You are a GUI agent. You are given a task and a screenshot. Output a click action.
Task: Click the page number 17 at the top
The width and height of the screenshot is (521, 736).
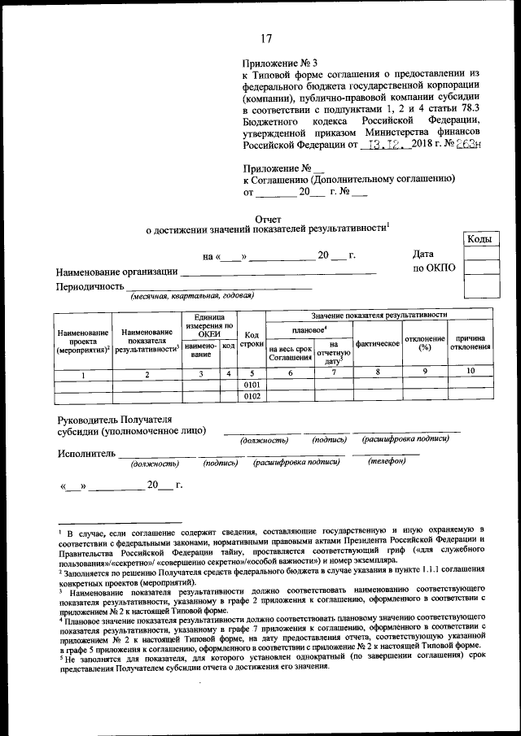[x=265, y=39]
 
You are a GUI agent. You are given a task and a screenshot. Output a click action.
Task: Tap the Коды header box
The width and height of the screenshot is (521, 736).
[x=480, y=239]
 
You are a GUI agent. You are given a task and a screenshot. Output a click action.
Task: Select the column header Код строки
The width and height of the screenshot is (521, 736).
[x=252, y=339]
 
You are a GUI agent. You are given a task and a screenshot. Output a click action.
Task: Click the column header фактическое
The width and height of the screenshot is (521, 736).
[x=377, y=344]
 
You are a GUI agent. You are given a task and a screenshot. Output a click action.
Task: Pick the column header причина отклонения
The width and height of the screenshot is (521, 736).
[x=471, y=342]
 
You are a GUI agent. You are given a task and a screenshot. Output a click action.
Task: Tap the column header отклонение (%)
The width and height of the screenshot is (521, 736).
[x=424, y=342]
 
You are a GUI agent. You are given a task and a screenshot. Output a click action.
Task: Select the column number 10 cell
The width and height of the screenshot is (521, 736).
[x=471, y=372]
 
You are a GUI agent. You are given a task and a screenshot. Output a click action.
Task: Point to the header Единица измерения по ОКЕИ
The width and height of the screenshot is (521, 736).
[x=209, y=326]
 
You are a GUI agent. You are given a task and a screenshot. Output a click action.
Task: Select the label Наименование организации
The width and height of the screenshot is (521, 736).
[x=116, y=271]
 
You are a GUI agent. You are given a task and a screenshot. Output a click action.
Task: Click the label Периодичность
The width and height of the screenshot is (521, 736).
[x=90, y=287]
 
